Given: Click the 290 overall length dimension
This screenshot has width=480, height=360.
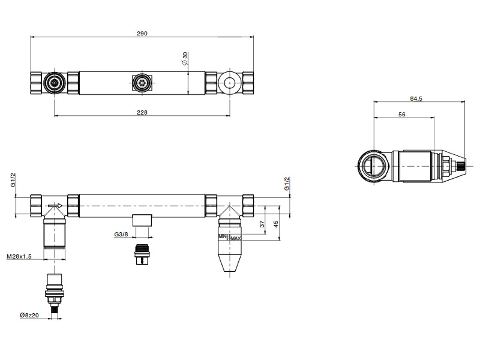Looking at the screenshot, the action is (142, 34).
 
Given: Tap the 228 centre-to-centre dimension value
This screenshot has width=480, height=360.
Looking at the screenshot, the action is (142, 112).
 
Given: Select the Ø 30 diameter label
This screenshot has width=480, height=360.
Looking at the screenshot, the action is (185, 58).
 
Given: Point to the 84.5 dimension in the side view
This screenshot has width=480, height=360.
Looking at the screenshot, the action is (416, 98).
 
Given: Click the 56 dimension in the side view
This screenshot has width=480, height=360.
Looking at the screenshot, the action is (401, 114).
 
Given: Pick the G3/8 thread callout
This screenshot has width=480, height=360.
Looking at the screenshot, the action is (121, 235).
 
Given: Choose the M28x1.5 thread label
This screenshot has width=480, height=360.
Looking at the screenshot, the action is (19, 257).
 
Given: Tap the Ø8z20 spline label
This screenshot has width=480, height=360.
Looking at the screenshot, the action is (29, 315).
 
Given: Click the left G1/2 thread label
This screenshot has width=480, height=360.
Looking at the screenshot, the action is (13, 181).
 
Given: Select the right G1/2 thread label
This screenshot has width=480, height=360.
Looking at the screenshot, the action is (287, 184).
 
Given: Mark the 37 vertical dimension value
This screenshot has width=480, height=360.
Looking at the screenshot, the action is (262, 224).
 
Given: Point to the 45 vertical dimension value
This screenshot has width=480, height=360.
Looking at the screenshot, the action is (276, 224).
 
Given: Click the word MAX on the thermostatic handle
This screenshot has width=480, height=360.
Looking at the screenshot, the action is (236, 238).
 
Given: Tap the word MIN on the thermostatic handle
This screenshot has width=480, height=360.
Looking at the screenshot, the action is (223, 236).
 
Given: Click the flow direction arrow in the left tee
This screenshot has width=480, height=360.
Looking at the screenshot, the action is (55, 205).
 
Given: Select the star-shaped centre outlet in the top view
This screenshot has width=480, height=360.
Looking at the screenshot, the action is (142, 83).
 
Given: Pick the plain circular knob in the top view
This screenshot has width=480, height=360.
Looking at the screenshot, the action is (230, 83).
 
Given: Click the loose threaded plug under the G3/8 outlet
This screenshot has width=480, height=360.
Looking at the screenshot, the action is (142, 254).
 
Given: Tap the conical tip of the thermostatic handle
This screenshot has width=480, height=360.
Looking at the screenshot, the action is (230, 263).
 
